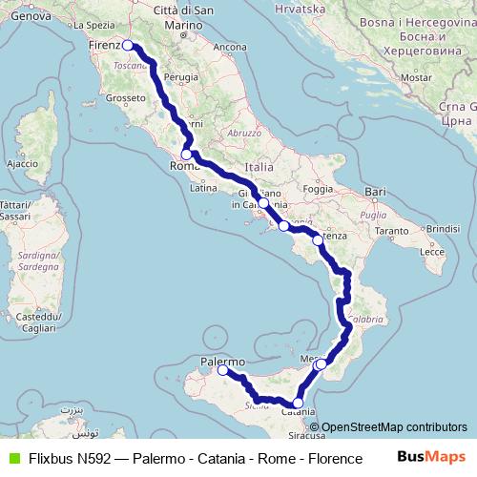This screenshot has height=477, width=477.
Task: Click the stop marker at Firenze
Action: click(128, 45)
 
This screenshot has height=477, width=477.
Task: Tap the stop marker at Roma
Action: click(187, 154)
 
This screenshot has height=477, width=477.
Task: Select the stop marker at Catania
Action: click(299, 404)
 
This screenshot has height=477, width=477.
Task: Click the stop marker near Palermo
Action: click(222, 371)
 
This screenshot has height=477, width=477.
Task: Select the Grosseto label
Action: click(125, 97)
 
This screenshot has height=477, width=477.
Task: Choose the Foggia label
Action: click(317, 188)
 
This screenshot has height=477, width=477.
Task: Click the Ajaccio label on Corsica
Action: click(22, 164)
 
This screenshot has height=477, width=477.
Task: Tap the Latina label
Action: click(204, 188)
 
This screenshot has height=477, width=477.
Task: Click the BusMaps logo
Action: click(430, 457)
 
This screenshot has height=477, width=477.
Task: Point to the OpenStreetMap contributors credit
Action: click(392, 427)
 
